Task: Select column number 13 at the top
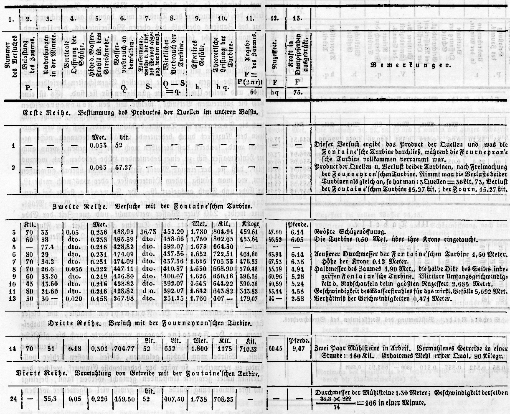tap(297, 18)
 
